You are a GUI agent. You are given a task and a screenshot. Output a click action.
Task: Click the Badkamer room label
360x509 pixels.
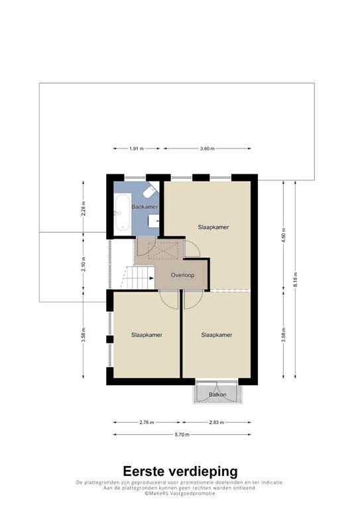pos(145,207)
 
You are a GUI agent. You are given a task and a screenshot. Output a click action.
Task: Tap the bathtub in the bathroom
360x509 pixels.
pos(123,212)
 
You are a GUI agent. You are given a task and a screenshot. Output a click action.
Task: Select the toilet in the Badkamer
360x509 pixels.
pos(150,191)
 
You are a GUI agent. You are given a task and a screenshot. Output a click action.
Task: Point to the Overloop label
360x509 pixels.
pos(182,275)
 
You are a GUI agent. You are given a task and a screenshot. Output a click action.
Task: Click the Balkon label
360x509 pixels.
pos(217,395)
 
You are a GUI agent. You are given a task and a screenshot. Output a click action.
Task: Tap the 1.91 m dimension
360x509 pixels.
pos(137,148)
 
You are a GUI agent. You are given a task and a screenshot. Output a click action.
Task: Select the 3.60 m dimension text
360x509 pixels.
pos(207,148)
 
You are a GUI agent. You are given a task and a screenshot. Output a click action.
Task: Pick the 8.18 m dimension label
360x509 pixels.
pos(296,279)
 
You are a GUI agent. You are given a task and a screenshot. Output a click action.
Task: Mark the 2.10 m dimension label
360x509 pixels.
pos(84,264)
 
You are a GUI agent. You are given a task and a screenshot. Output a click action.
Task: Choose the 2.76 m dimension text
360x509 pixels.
pos(147,422)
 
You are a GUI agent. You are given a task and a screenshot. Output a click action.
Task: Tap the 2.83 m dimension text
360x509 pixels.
pos(217,422)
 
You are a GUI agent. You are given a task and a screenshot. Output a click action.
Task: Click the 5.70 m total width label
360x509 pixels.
pos(182,435)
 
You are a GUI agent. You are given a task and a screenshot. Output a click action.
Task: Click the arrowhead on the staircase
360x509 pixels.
pos(152,278)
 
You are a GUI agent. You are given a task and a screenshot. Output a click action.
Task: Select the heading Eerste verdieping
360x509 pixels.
pos(180,471)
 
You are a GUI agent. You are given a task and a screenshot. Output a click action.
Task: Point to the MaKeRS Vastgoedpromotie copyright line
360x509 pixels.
pos(180,493)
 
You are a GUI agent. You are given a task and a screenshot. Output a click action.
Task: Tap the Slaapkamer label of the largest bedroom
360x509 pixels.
pos(213,227)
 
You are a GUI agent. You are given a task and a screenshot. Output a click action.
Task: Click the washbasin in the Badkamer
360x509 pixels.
pos(154,221)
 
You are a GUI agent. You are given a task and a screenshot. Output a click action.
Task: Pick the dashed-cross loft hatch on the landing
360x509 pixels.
pos(163,249)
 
